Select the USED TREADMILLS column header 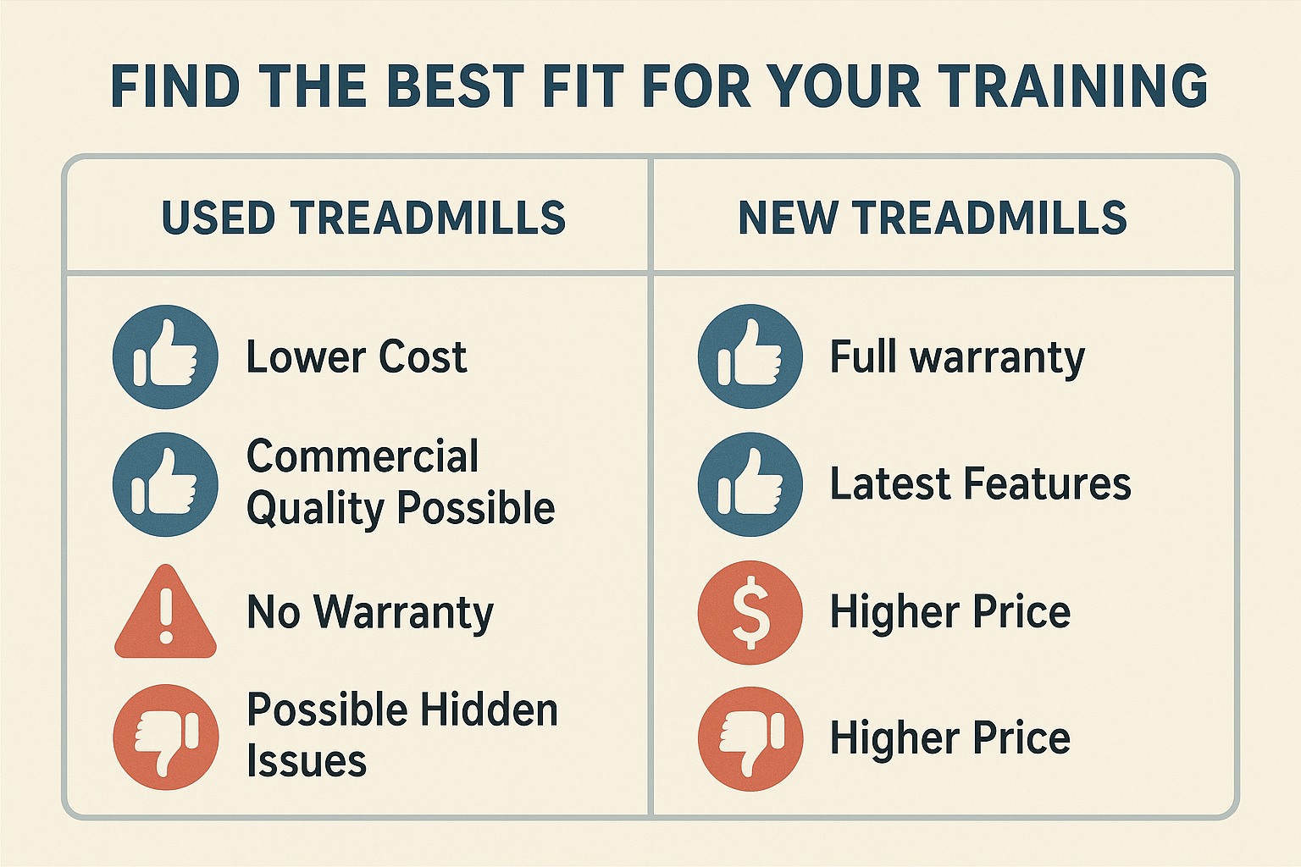[363, 218]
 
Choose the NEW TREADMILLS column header [933, 218]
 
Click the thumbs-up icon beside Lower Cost [165, 356]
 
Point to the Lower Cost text [357, 356]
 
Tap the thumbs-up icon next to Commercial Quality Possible [165, 484]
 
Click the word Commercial [363, 456]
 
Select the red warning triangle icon [165, 613]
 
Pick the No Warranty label [370, 613]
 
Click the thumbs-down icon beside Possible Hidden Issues [166, 737]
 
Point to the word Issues [307, 760]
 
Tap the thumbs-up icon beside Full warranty [750, 356]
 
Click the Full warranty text [957, 357]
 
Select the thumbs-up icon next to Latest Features [750, 484]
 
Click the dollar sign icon [750, 613]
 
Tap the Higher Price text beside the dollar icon [950, 613]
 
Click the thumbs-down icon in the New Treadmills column [751, 738]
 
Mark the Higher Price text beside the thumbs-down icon [950, 738]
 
